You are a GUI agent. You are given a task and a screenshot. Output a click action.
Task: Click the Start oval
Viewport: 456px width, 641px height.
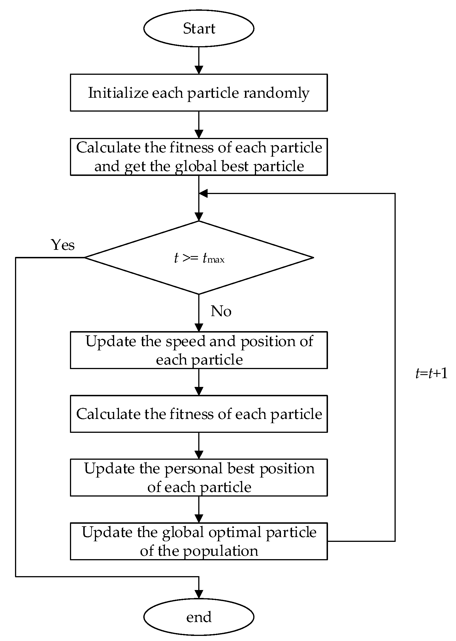(x=199, y=28)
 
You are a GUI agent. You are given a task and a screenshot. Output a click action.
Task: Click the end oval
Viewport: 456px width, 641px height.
(x=199, y=617)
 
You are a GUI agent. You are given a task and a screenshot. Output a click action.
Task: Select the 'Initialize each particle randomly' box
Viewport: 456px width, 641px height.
(x=199, y=93)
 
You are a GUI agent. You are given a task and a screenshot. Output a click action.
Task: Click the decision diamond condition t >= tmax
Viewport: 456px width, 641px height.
(x=199, y=258)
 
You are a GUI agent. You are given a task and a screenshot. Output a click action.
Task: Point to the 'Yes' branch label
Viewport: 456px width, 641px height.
(x=63, y=245)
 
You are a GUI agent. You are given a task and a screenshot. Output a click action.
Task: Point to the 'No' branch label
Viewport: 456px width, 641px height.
(x=221, y=311)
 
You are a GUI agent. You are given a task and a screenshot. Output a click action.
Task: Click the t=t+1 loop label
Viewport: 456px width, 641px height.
(x=431, y=374)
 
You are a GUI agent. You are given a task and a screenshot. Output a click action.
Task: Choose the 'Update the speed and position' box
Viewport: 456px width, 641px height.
(x=199, y=350)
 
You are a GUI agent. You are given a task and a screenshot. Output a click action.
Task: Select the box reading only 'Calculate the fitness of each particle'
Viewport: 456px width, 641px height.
(x=199, y=414)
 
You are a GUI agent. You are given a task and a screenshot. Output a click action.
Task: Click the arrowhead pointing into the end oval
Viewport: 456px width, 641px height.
(x=199, y=594)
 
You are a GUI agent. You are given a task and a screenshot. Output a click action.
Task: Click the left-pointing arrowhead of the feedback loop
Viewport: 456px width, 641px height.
(x=203, y=194)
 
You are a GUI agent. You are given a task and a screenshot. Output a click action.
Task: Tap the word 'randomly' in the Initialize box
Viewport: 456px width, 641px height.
(x=276, y=93)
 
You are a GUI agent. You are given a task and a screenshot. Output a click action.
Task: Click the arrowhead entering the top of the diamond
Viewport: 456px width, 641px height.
(x=199, y=217)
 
